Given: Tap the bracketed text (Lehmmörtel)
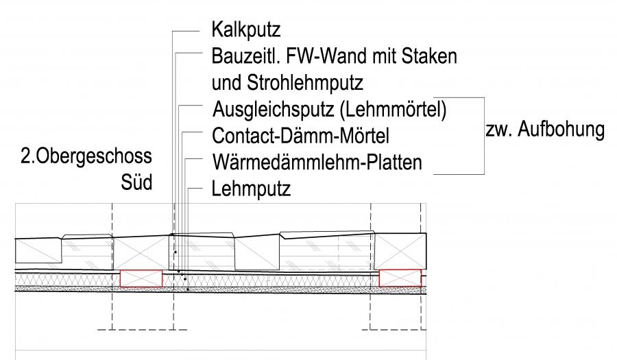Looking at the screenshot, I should click(398, 109).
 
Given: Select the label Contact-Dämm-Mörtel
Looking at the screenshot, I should click(301, 136).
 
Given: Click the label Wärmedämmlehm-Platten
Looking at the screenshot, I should click(317, 163).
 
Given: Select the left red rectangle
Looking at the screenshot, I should click(141, 278).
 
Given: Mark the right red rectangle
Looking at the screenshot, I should click(400, 278).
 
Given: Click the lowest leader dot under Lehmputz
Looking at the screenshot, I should click(187, 289).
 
